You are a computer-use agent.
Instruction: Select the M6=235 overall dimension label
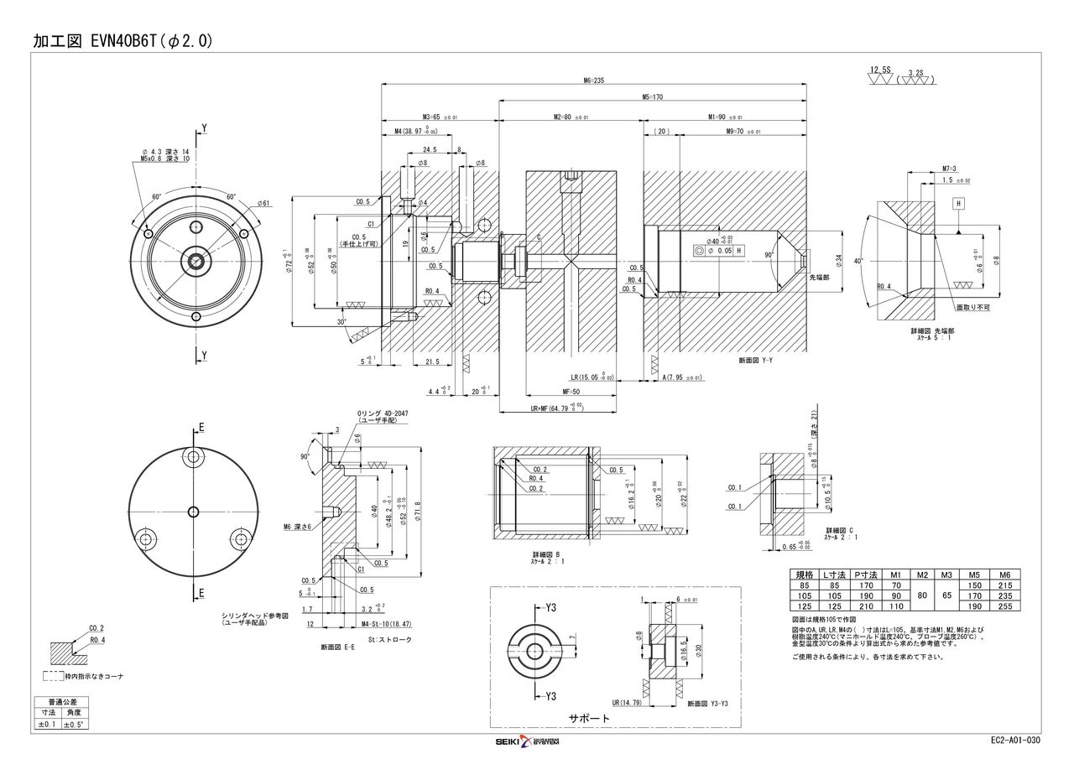pyautogui.click(x=593, y=81)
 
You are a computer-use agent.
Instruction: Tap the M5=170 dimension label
pyautogui.click(x=652, y=97)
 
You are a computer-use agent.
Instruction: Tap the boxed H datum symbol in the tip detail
pyautogui.click(x=957, y=204)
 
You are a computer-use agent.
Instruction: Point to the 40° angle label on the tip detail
pyautogui.click(x=858, y=261)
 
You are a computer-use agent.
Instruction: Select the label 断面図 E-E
pyautogui.click(x=336, y=647)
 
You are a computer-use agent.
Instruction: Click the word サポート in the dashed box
pyautogui.click(x=588, y=719)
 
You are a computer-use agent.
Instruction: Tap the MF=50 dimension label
pyautogui.click(x=571, y=392)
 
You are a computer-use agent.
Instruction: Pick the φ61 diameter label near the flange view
pyautogui.click(x=263, y=203)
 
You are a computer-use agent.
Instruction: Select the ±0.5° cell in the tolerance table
pyautogui.click(x=74, y=723)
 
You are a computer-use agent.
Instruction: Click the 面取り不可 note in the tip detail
pyautogui.click(x=973, y=308)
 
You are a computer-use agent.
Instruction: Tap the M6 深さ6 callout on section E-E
pyautogui.click(x=297, y=527)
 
